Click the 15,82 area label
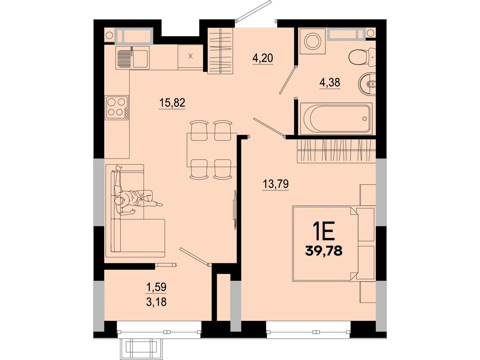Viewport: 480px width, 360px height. click(x=172, y=103)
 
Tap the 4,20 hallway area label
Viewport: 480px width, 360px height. click(x=262, y=58)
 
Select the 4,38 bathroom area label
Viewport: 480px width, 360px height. click(x=330, y=82)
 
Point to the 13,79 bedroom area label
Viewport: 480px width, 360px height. click(x=275, y=184)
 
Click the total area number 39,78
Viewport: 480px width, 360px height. click(x=324, y=251)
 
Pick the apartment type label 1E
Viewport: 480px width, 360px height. click(x=324, y=231)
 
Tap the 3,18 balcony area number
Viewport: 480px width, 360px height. click(x=156, y=302)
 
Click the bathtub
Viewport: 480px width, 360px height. click(x=336, y=119)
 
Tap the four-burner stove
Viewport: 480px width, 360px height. click(x=117, y=107)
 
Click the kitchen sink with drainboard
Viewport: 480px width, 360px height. click(x=133, y=58)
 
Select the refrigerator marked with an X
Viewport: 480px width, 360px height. click(x=190, y=57)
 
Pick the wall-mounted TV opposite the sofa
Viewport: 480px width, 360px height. click(x=235, y=210)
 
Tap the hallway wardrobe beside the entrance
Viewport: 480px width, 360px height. click(x=220, y=51)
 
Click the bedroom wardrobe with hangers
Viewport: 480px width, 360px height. click(x=336, y=151)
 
